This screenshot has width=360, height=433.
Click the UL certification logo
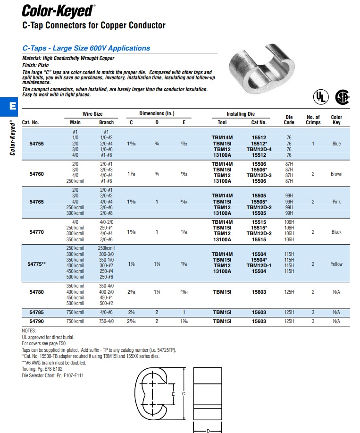pos(320,97)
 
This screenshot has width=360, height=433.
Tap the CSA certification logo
pos(343,97)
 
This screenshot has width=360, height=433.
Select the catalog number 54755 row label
pos(37,144)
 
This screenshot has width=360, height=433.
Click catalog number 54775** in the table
pos(37,264)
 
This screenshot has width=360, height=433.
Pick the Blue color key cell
pos(336,144)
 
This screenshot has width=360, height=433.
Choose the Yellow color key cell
pos(336,264)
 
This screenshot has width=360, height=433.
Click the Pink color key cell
pos(336,202)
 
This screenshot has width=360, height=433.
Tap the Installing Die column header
pos(241,114)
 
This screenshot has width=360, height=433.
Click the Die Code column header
pos(289,119)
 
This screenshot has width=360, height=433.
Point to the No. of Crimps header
pos(313,119)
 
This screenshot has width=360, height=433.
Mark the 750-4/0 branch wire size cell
pos(106,322)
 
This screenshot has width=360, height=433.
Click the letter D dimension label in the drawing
pos(208,430)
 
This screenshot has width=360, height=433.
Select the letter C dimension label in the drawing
pos(184,393)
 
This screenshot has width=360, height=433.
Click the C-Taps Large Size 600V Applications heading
pos(86,48)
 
